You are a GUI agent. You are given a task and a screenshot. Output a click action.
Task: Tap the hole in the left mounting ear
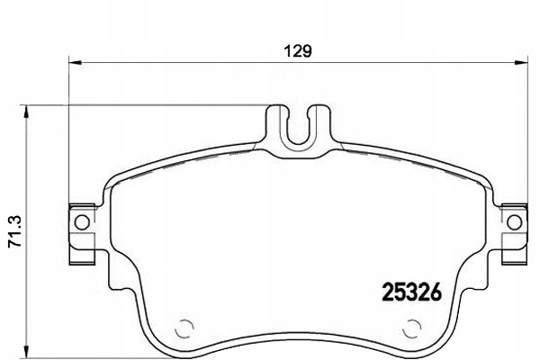pos(81,221)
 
